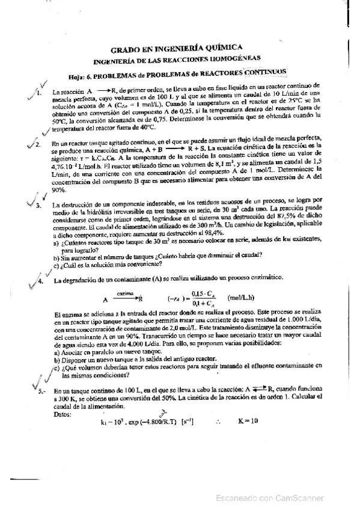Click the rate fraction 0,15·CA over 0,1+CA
(x=195, y=298)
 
